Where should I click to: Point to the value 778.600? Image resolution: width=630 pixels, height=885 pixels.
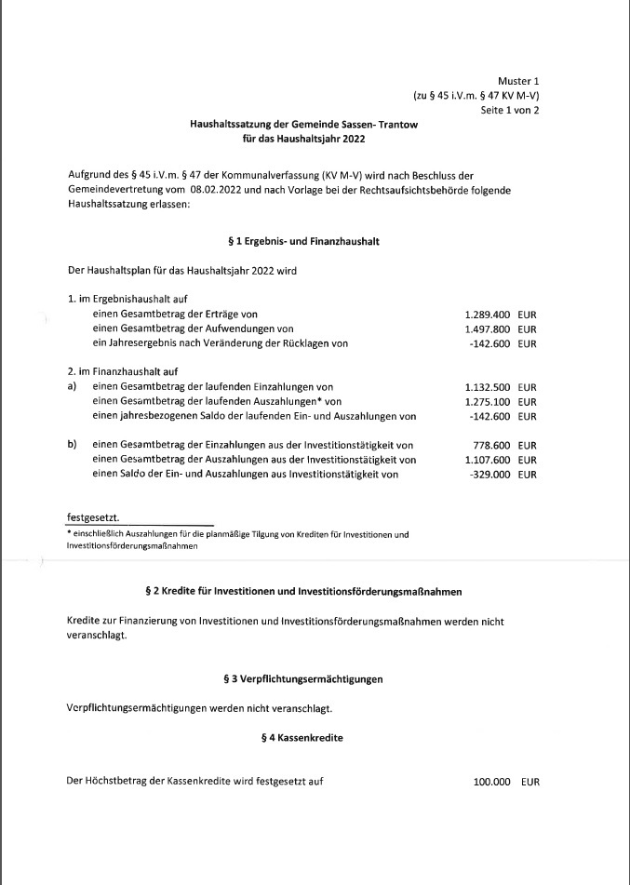coord(492,446)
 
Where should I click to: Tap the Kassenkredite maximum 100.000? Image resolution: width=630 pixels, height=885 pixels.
coord(492,783)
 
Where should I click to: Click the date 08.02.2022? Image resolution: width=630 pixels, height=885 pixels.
coord(221,190)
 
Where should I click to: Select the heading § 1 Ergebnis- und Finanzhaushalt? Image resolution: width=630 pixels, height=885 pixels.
coord(303,241)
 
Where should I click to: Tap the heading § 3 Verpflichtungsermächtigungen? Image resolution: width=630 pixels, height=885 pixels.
coord(303,679)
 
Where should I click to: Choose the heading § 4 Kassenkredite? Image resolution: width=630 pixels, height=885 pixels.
coord(303,737)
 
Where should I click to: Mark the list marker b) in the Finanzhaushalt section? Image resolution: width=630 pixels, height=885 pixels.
coord(72,446)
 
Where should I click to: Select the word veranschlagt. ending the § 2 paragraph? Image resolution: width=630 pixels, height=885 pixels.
coord(96,637)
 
